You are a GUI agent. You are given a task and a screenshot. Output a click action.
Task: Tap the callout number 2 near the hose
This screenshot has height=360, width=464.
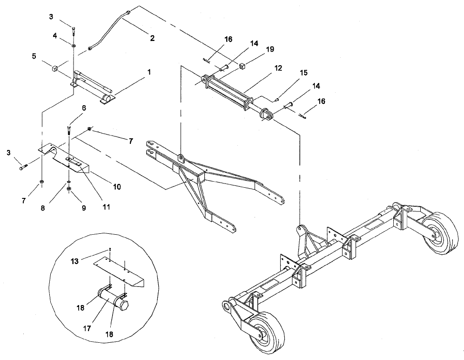[x=152, y=38]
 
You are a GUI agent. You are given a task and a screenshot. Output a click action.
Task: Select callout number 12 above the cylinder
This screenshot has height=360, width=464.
[x=277, y=68]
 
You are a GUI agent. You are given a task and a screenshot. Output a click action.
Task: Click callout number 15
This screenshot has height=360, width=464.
[x=303, y=73]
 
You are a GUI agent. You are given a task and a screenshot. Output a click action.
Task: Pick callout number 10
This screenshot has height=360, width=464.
[x=116, y=186]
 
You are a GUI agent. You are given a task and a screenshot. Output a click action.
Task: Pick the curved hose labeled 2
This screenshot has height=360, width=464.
[x=108, y=28]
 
